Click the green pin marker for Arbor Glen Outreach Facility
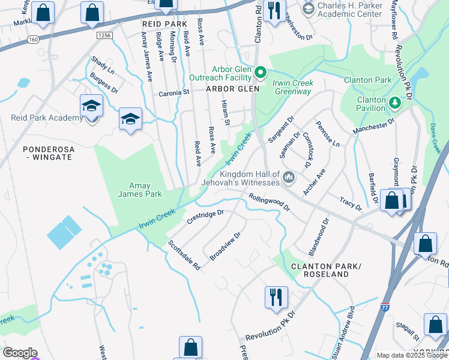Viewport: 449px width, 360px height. click(x=261, y=73)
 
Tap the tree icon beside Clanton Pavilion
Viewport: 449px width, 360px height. click(x=394, y=102)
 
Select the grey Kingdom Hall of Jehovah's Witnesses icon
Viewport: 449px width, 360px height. click(x=289, y=176)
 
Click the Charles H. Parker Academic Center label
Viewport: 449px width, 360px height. click(x=349, y=9)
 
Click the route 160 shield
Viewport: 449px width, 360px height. click(x=32, y=40)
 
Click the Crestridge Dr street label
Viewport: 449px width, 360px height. click(x=205, y=217)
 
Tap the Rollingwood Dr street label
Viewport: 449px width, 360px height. click(x=270, y=202)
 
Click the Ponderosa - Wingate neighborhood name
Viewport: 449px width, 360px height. click(x=47, y=152)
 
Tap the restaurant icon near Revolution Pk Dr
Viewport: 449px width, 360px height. click(x=276, y=297)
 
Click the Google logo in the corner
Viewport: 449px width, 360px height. click(x=19, y=353)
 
